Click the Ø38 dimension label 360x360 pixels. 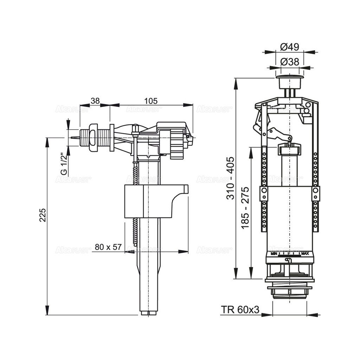coord(290,62)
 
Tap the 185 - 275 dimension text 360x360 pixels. coord(245,207)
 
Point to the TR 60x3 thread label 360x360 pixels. coord(240,310)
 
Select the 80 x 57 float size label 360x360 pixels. coord(108,247)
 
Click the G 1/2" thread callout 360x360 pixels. coord(64,164)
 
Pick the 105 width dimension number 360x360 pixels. coord(151,101)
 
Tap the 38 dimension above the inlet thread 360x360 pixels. coord(95,101)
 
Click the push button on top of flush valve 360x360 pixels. coord(290,82)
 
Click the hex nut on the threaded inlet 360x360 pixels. coord(94,137)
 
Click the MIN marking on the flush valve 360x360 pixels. coord(274,253)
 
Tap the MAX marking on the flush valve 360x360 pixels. coord(305,253)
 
